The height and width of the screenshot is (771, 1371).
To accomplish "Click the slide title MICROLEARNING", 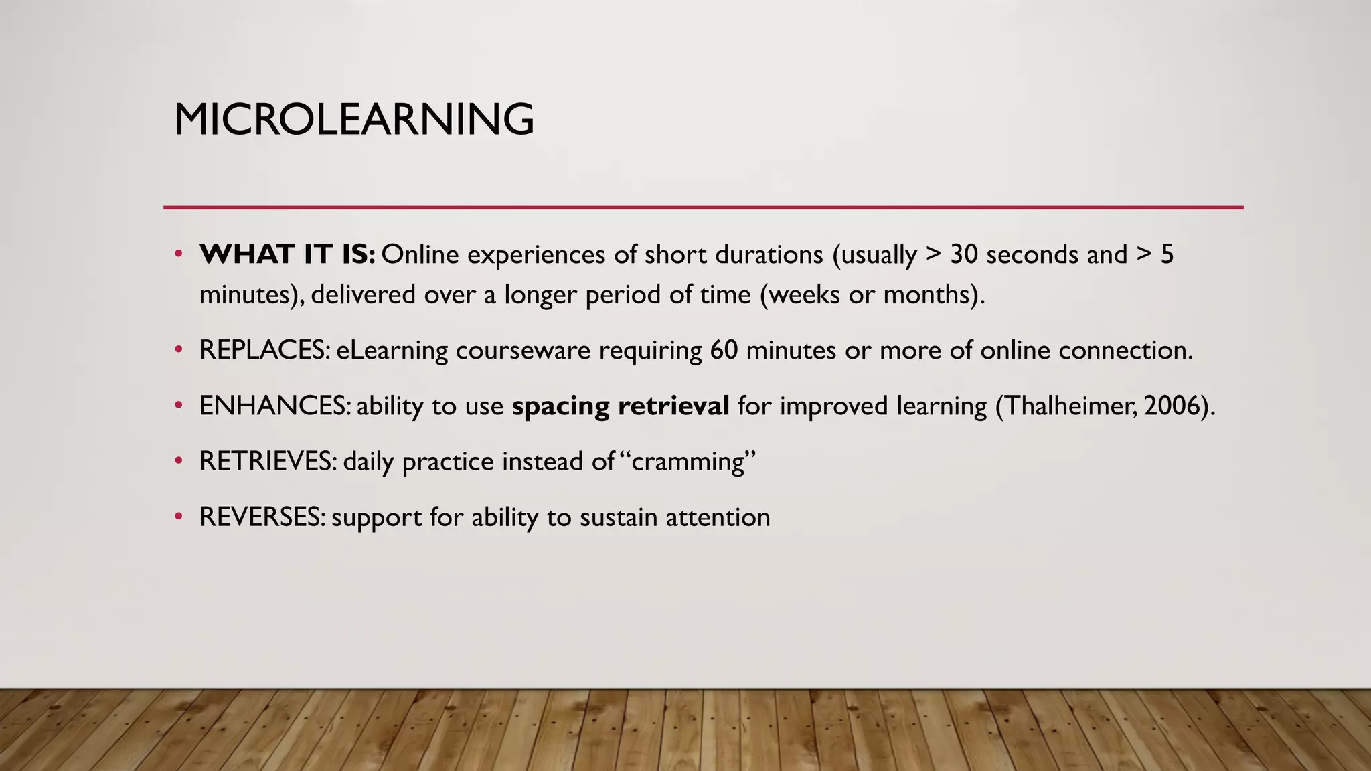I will coord(353,120).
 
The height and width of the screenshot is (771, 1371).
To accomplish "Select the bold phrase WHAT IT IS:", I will coord(287,255).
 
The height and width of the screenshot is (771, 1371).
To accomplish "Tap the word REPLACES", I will coord(262,350).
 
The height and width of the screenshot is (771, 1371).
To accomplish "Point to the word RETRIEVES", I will coord(266,461).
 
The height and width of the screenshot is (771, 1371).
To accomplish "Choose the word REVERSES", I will coord(260,517).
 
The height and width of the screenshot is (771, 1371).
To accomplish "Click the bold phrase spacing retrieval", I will coord(621,406).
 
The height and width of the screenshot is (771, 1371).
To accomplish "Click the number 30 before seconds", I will coord(964,255).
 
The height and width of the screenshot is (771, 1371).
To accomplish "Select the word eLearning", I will coord(392,350).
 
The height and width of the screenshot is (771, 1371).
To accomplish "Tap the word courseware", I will coord(523,350).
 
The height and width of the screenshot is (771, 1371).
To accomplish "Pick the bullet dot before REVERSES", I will coord(178,517).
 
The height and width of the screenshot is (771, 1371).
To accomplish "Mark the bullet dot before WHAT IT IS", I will coord(178,254).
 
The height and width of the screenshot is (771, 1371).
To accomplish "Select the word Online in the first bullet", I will coord(420,255).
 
